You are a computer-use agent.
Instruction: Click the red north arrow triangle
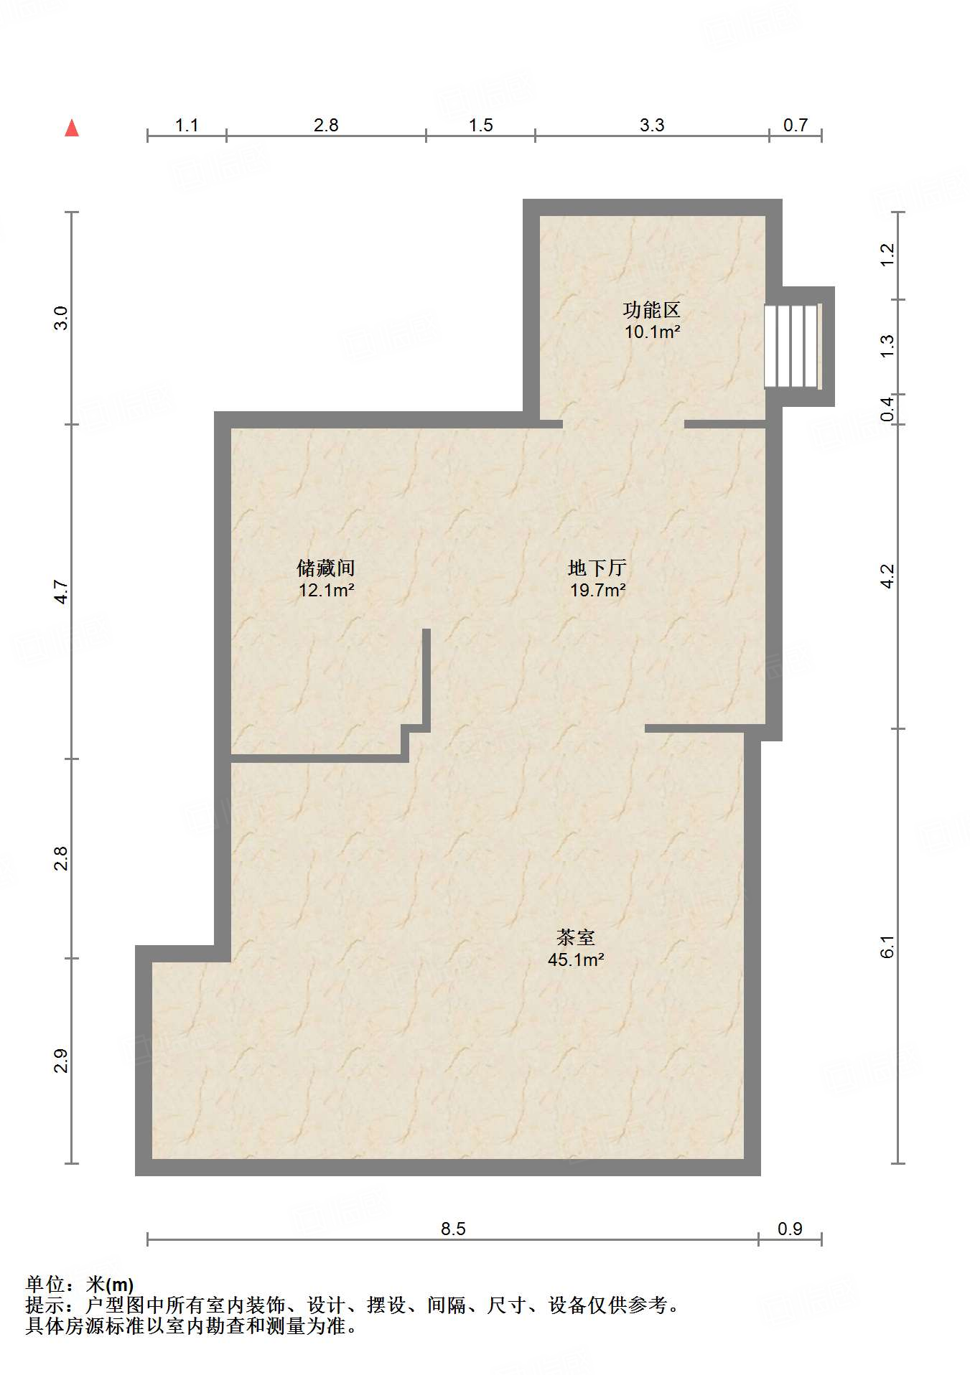(x=72, y=128)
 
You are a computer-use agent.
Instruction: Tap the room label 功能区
(x=651, y=311)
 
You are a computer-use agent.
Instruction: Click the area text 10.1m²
(x=652, y=332)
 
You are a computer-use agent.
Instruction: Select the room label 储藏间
(x=326, y=569)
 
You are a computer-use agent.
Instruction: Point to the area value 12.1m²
(x=326, y=591)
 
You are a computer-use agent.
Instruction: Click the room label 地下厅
(x=597, y=569)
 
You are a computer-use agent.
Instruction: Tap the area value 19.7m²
(x=597, y=591)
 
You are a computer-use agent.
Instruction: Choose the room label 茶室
(x=576, y=938)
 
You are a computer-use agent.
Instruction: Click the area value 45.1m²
(x=576, y=959)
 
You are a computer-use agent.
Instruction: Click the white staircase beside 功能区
(x=791, y=346)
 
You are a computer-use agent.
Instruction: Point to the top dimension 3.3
(x=652, y=126)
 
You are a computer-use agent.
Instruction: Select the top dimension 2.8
(x=326, y=126)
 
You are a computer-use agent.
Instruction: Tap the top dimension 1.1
(x=187, y=126)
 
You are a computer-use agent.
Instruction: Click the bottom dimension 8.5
(x=453, y=1229)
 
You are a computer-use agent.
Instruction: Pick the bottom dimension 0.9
(x=790, y=1229)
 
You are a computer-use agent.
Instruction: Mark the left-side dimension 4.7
(x=62, y=592)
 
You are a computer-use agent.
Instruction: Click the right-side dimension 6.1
(x=888, y=947)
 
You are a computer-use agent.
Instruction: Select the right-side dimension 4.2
(x=888, y=576)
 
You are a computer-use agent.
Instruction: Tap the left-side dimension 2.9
(x=62, y=1061)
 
